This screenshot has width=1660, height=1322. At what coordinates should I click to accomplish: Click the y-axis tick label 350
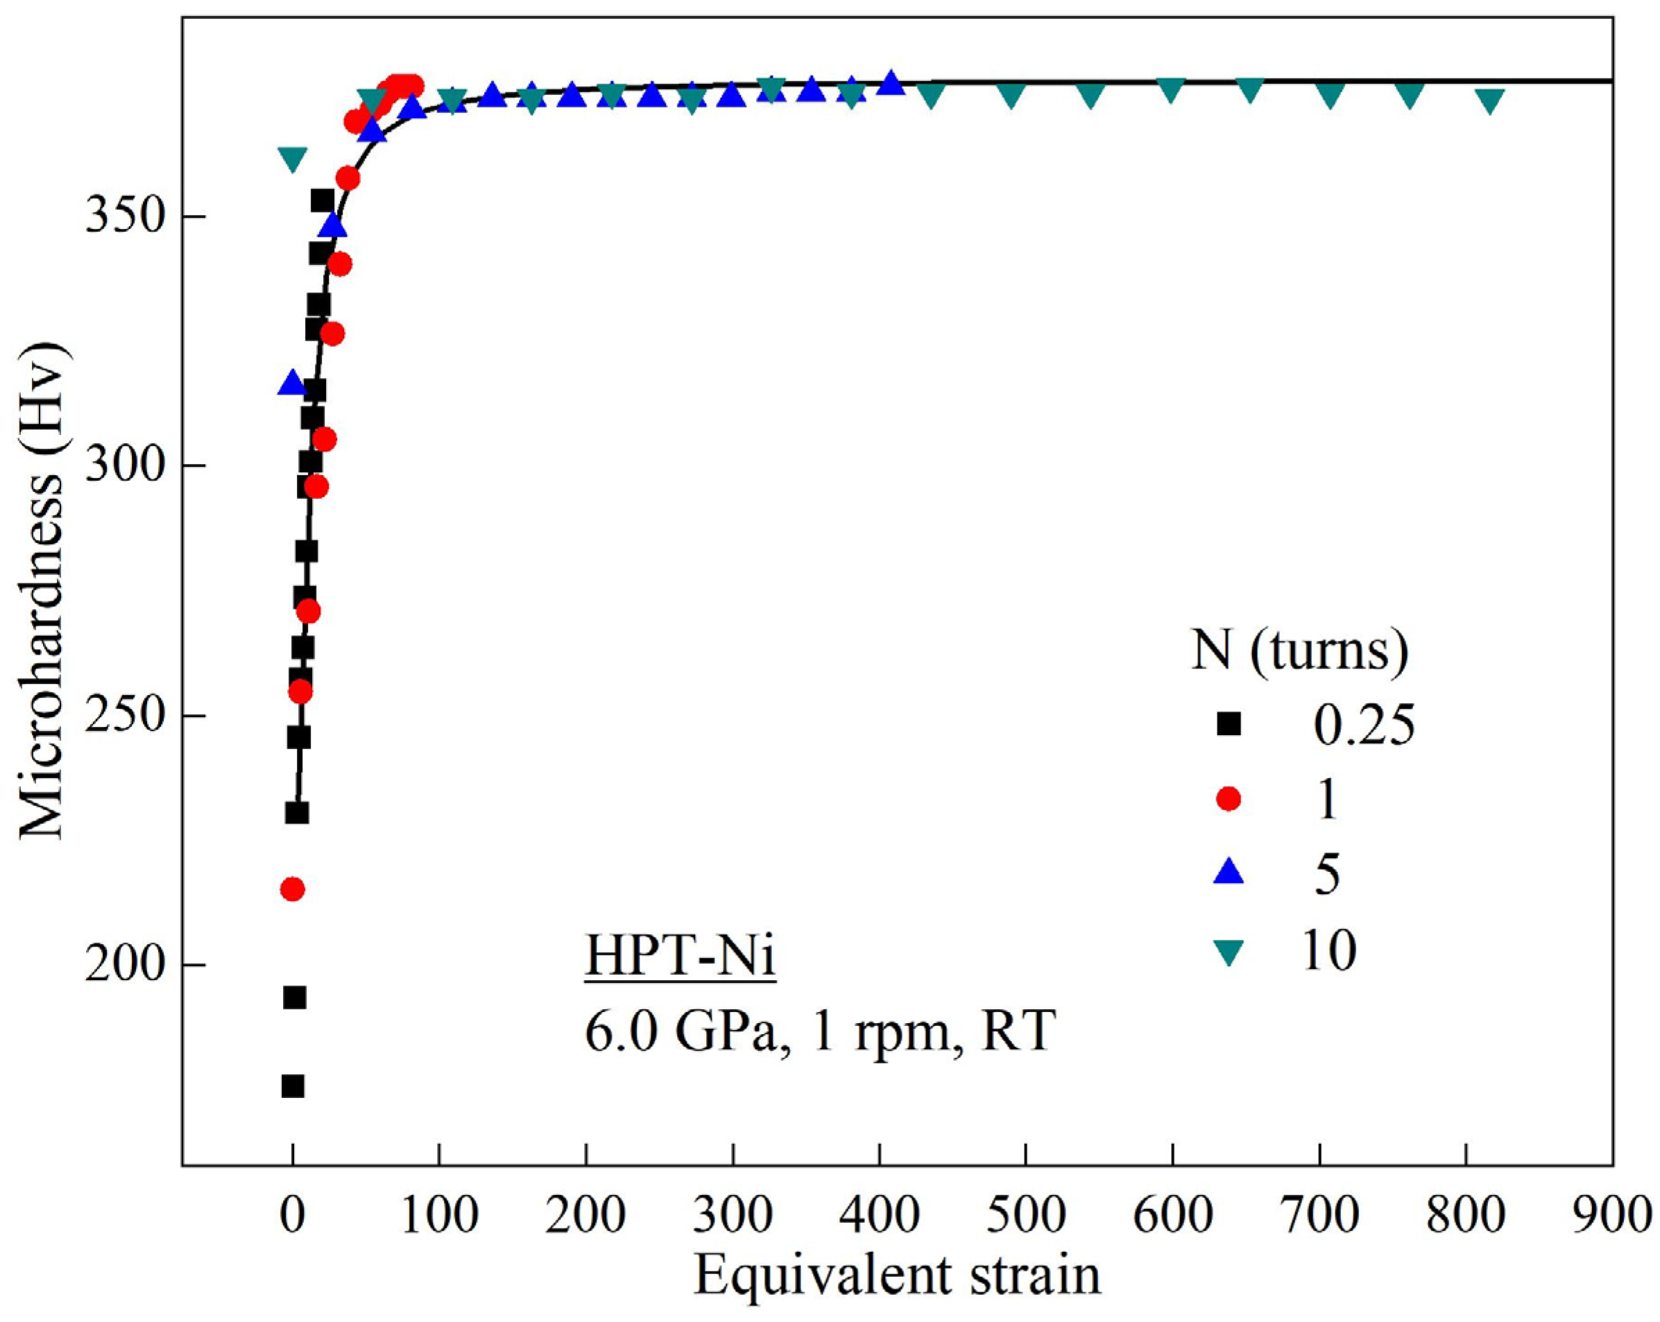(125, 218)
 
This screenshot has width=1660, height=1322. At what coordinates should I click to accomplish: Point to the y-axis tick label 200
(125, 965)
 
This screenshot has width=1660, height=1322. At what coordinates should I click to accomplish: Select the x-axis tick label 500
(1025, 1216)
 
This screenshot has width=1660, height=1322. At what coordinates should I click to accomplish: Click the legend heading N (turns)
(1300, 651)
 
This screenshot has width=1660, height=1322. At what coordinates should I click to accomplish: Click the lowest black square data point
(293, 1086)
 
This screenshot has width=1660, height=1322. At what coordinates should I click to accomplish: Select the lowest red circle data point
(292, 889)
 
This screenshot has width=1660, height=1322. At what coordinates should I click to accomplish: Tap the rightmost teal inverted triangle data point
(1490, 101)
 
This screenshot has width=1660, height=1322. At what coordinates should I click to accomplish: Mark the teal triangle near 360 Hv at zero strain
(293, 160)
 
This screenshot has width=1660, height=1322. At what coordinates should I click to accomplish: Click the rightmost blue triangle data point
(891, 83)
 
